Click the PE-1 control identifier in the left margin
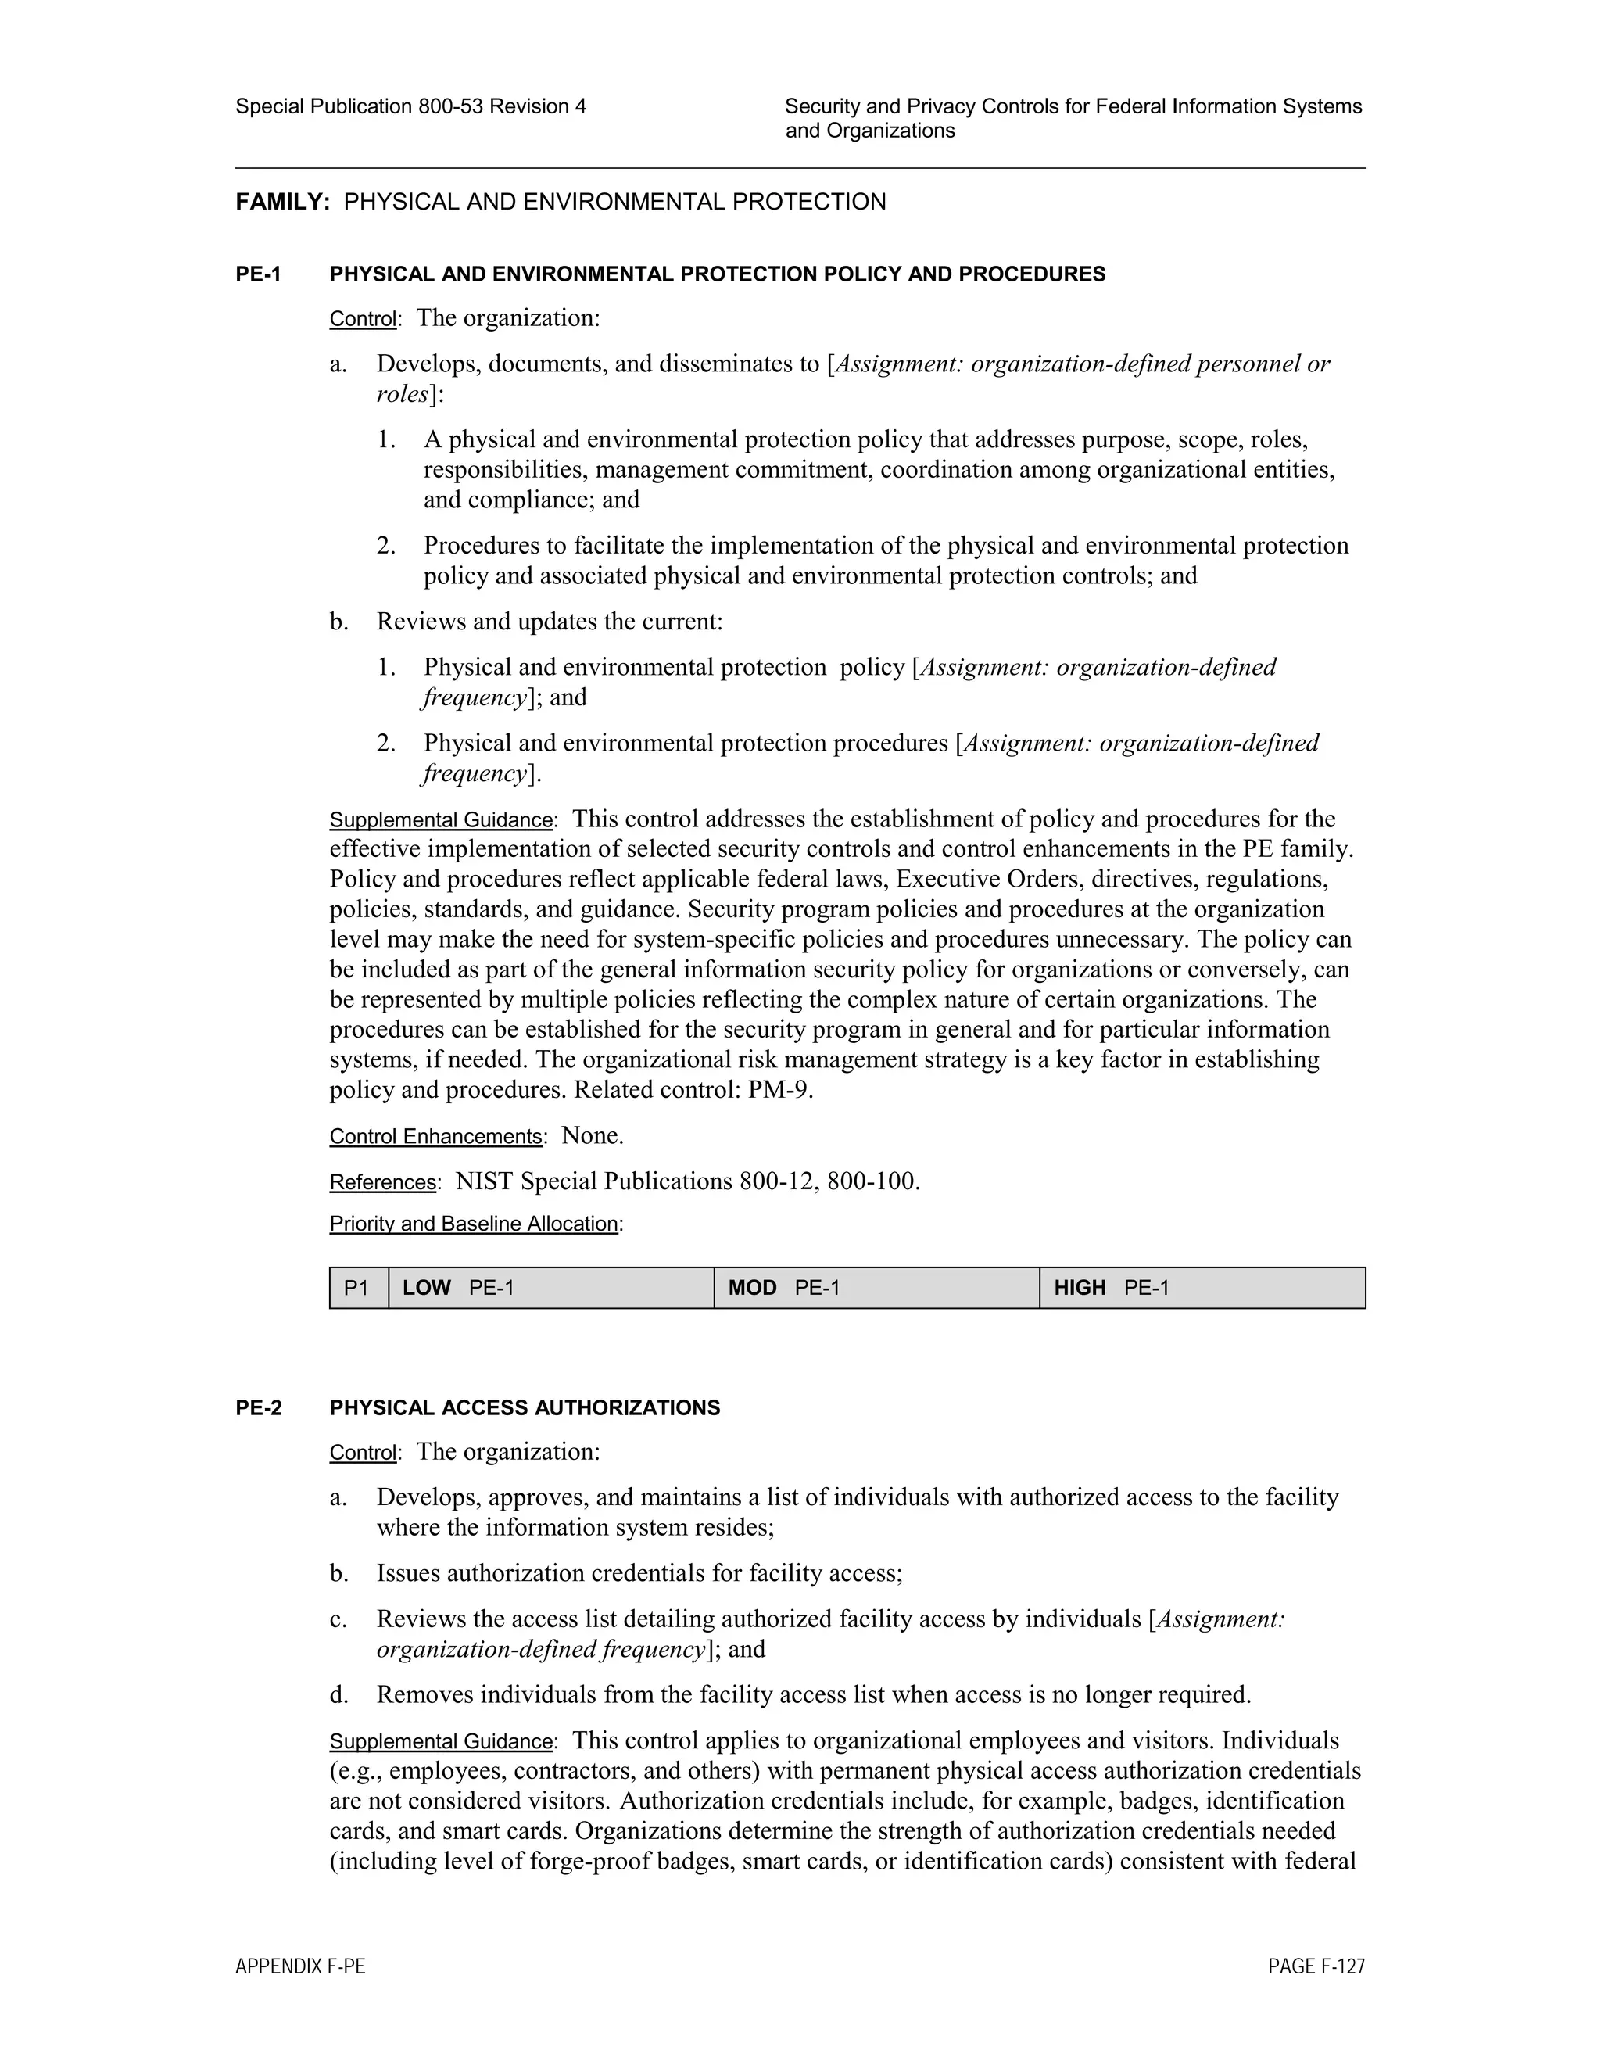click(258, 275)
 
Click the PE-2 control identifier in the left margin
click(258, 1408)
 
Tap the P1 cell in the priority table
click(357, 1288)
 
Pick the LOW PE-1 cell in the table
click(550, 1288)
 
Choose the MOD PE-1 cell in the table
click(876, 1288)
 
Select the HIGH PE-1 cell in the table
click(1202, 1288)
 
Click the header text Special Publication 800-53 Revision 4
click(410, 107)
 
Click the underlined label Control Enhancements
click(435, 1137)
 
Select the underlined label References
click(382, 1182)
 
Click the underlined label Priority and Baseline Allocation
click(473, 1224)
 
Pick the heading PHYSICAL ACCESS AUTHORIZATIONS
click(525, 1408)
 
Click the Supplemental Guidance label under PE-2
click(441, 1742)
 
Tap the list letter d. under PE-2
click(338, 1695)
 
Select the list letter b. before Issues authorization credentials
click(338, 1574)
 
